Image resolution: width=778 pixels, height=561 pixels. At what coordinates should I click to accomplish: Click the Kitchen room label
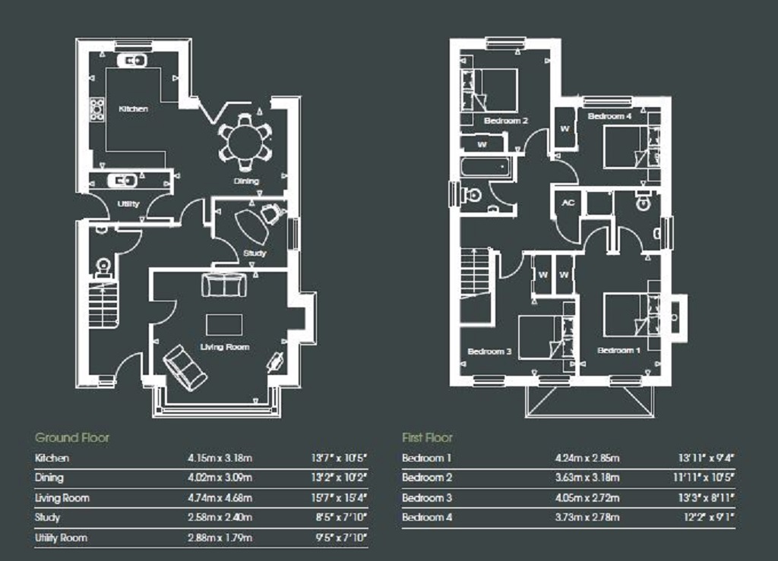coord(133,109)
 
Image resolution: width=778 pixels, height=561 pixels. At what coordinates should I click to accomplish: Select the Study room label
coord(255,254)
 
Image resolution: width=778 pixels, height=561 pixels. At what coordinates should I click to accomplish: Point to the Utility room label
coord(128,203)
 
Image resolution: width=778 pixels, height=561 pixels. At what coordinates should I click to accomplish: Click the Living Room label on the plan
coord(225,347)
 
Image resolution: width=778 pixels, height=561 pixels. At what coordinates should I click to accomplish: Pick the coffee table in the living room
coord(224,325)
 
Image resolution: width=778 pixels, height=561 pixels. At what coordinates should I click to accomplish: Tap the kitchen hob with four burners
coord(96,109)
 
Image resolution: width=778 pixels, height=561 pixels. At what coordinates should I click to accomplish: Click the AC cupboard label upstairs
coord(568,203)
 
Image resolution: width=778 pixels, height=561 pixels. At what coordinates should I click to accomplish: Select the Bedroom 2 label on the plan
coord(505,121)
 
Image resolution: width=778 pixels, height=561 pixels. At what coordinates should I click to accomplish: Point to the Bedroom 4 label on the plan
coord(610,116)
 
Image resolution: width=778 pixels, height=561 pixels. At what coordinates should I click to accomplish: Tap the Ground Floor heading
coord(72,437)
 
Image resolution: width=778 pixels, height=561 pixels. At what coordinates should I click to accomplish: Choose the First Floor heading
coord(427,437)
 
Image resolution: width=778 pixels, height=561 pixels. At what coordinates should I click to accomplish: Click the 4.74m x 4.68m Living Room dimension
coord(220,497)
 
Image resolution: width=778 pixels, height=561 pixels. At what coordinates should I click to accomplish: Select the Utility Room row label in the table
coord(61,537)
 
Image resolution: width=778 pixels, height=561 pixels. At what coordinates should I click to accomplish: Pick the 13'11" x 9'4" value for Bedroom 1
coord(706,458)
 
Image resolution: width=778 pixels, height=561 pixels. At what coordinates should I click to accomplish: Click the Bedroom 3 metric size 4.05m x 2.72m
coord(587,497)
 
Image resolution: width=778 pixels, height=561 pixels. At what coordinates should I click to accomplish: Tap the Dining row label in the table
coord(49,477)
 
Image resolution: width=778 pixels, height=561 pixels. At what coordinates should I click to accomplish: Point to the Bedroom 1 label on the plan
coord(618,351)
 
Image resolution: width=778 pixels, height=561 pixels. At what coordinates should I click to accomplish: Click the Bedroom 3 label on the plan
coord(489,351)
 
